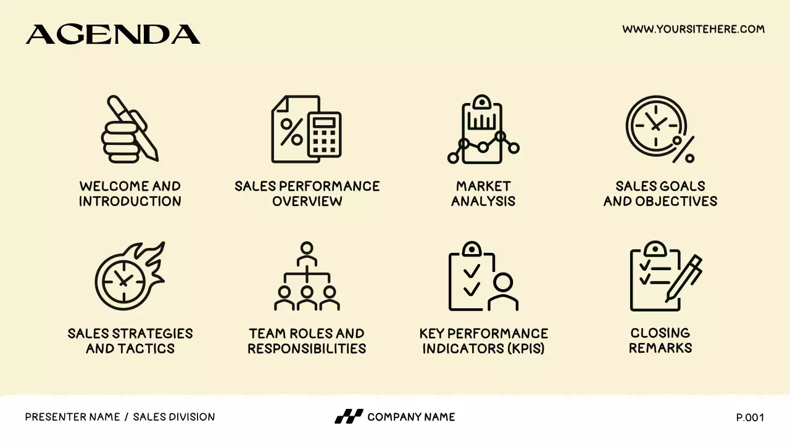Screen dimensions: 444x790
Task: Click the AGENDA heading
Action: pos(113,35)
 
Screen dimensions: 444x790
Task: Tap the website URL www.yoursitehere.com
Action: pos(693,29)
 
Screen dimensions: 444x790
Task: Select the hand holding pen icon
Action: pos(130,129)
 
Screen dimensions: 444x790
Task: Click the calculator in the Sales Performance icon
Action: pos(325,134)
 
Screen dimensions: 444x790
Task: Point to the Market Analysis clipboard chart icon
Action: pos(483,129)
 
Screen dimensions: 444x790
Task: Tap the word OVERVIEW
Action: pos(307,201)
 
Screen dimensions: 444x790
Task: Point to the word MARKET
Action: pos(483,186)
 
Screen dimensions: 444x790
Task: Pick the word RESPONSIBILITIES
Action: pos(307,348)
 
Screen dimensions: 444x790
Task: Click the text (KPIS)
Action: pos(525,348)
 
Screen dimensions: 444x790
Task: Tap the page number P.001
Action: pos(750,417)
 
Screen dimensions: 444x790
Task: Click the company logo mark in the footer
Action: pos(349,417)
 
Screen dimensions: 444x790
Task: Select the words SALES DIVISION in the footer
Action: pos(174,417)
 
